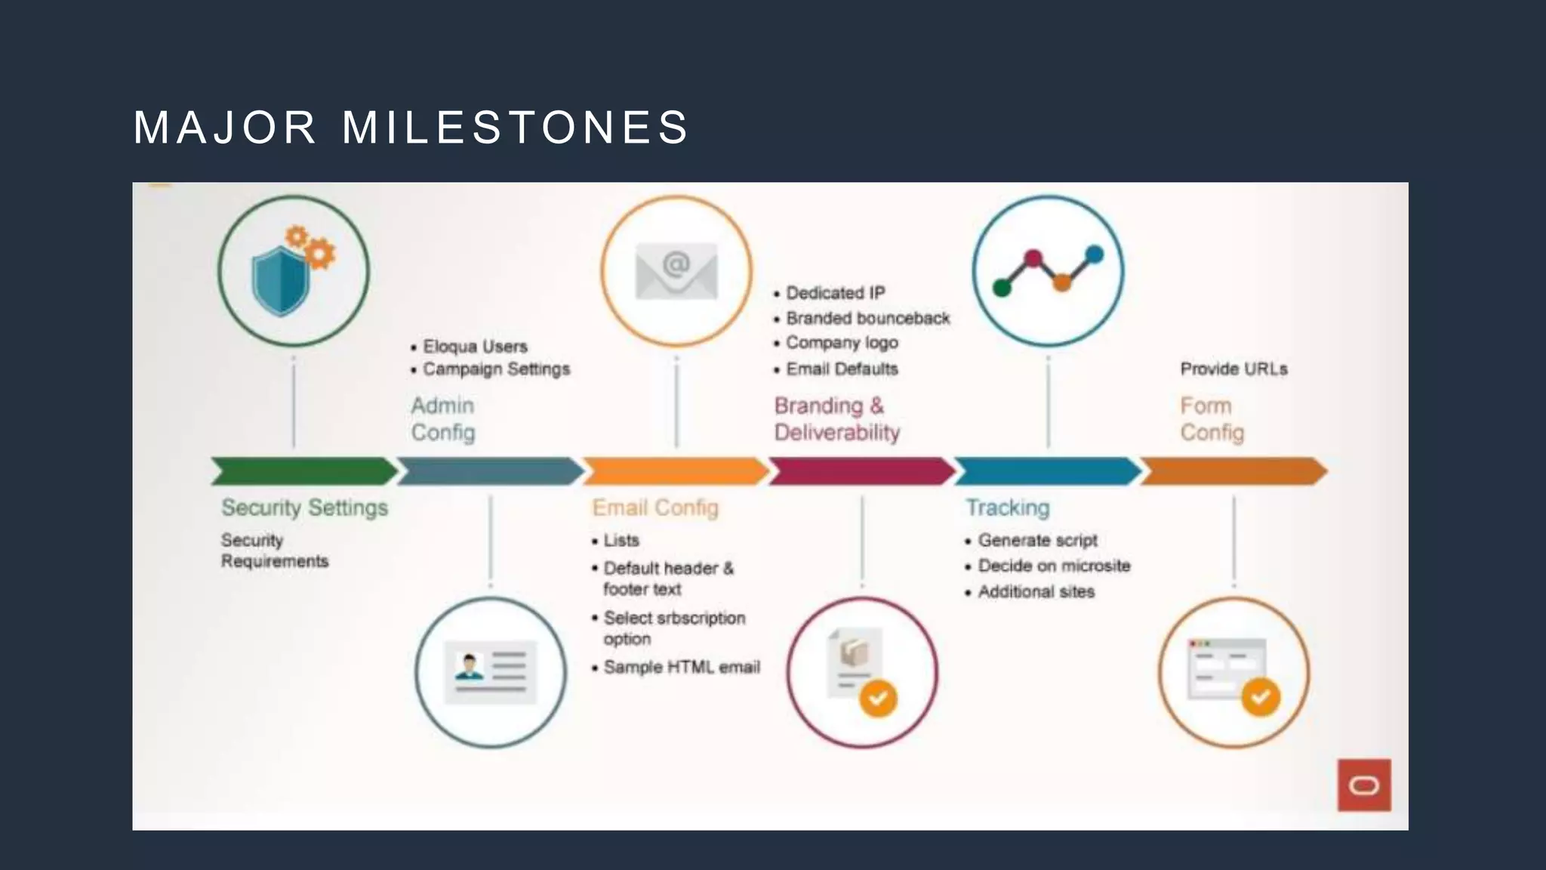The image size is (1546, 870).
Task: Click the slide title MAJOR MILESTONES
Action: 411,127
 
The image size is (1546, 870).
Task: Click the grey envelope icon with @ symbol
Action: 676,271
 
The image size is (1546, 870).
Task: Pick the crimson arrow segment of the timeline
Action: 861,471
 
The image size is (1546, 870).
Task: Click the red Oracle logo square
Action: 1364,785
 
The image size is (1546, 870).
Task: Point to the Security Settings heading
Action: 304,507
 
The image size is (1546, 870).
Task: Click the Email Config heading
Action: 654,507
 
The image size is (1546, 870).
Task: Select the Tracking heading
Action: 1008,507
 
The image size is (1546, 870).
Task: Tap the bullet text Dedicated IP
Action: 835,293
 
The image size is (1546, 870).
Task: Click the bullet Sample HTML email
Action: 682,668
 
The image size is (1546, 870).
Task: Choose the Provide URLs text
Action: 1233,369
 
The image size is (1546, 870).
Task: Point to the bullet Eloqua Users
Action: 475,347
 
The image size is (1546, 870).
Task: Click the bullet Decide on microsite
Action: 1054,566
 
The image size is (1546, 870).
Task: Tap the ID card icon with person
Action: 490,671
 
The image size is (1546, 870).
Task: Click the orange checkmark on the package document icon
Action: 878,698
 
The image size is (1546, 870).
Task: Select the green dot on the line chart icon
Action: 1002,288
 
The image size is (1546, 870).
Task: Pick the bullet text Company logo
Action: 842,343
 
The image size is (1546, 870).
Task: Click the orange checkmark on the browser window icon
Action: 1261,697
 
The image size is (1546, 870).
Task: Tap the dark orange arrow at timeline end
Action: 1233,471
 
